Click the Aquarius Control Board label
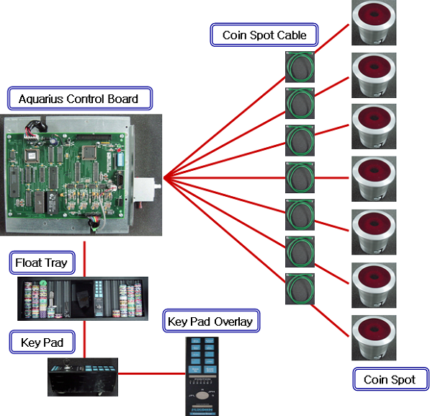[x=80, y=98]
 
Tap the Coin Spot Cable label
[x=264, y=35]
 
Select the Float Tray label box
[x=42, y=262]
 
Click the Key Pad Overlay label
[x=211, y=321]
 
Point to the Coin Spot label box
[x=390, y=379]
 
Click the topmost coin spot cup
[x=374, y=22]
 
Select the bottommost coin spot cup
[x=374, y=337]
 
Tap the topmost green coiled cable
[x=300, y=67]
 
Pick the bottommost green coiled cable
[x=300, y=288]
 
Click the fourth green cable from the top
[x=300, y=177]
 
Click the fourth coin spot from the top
[x=374, y=179]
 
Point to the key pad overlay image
[x=202, y=376]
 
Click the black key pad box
[x=83, y=377]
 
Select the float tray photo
[x=83, y=298]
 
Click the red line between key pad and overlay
[x=152, y=373]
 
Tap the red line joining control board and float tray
[x=84, y=260]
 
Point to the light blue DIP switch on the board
[x=120, y=159]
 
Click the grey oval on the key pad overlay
[x=202, y=396]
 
